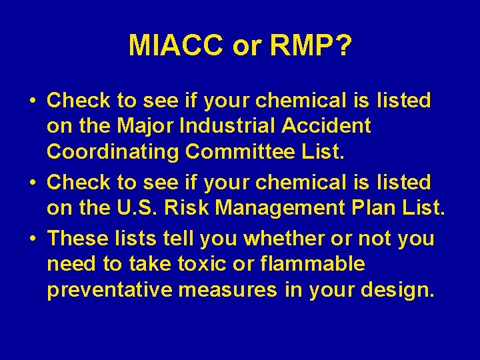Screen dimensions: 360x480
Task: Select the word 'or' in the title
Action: click(248, 46)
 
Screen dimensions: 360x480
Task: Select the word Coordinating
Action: click(113, 152)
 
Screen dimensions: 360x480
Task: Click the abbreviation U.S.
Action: click(137, 208)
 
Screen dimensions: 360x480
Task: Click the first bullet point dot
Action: click(33, 101)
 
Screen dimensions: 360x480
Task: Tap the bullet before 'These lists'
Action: click(33, 239)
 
